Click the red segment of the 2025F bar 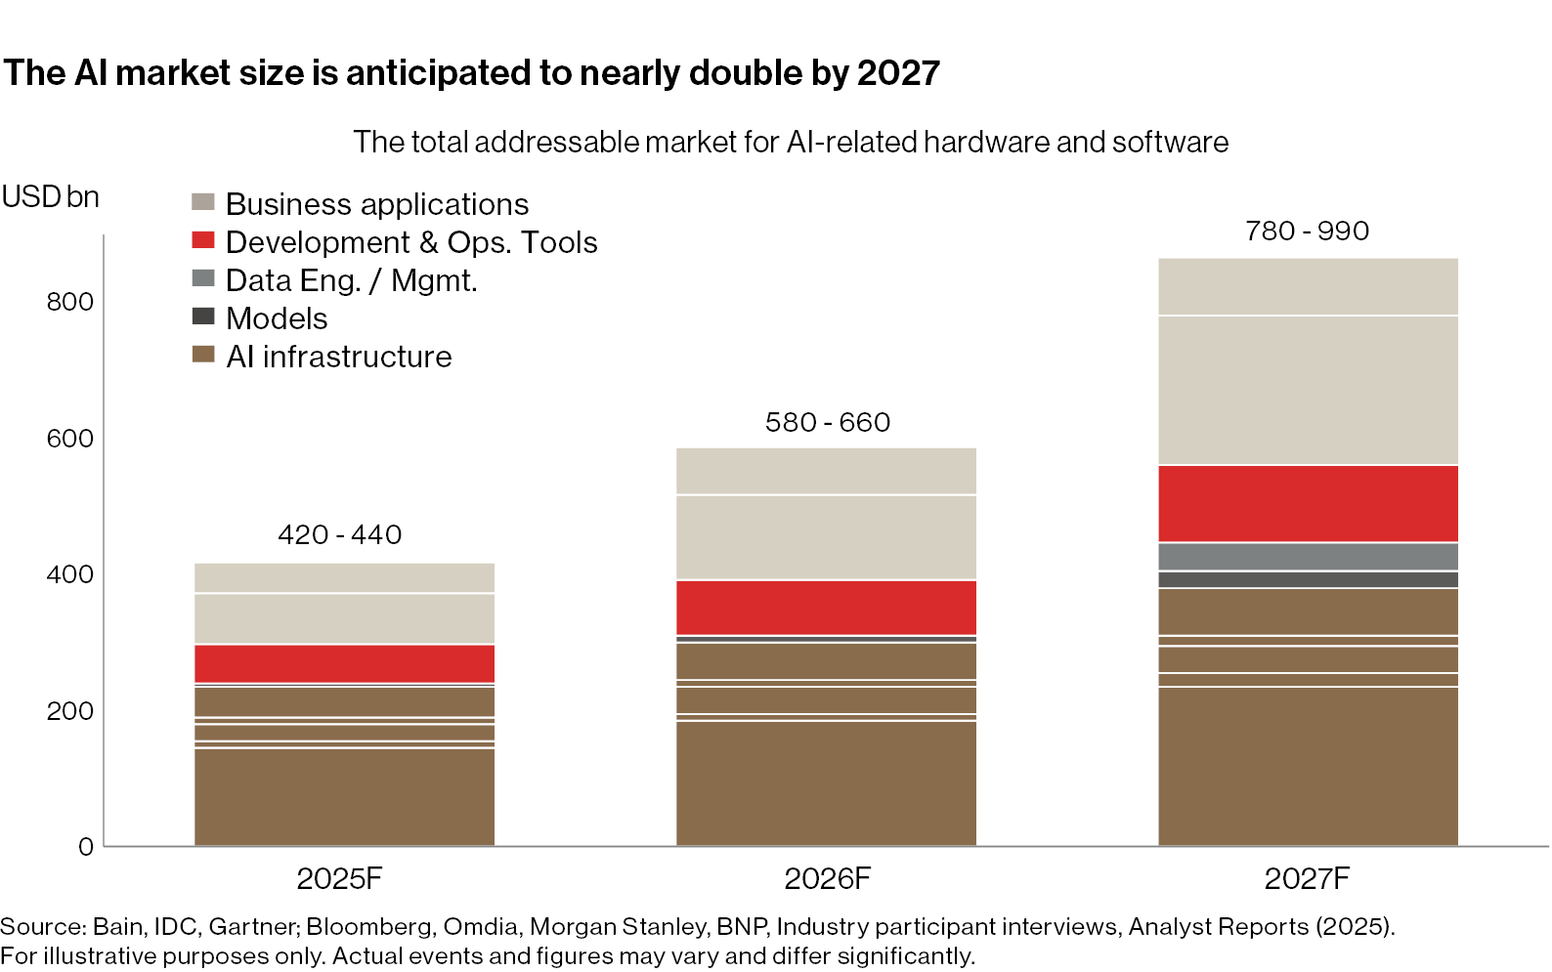point(344,663)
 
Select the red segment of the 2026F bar point(826,607)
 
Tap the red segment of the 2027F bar point(1308,503)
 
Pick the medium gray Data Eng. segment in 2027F point(1308,556)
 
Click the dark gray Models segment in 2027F point(1308,579)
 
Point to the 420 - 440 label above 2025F point(339,534)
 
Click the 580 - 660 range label point(827,422)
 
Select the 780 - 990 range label point(1307,231)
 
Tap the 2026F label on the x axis point(827,878)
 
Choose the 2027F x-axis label point(1307,878)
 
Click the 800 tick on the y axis point(70,302)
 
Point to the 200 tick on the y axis point(70,710)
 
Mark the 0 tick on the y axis point(86,847)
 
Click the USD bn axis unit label point(51,197)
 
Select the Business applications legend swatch point(203,202)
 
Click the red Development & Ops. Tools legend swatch point(203,240)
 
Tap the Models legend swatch point(203,317)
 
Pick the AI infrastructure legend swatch point(203,355)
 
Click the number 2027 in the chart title point(898,73)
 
